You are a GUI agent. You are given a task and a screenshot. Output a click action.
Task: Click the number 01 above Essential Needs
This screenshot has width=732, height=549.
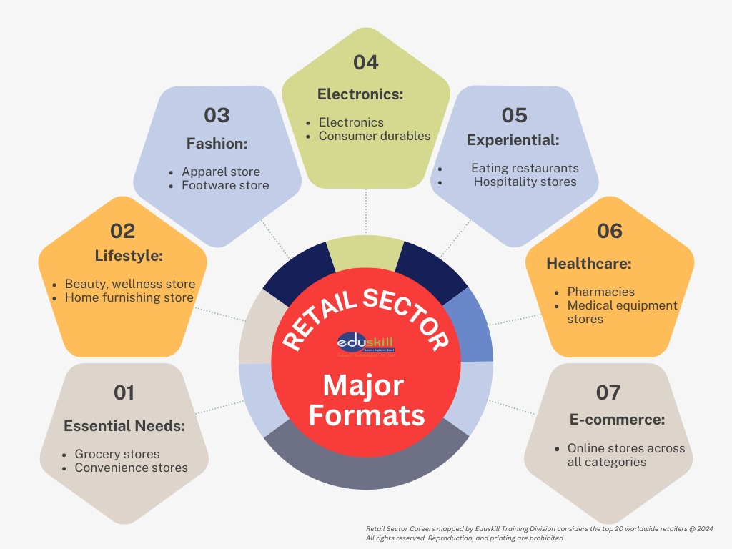tap(124, 392)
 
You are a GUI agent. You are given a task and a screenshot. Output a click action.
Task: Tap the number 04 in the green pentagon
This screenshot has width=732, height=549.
tap(365, 62)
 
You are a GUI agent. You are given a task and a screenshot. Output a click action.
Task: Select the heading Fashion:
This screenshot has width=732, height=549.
tap(217, 144)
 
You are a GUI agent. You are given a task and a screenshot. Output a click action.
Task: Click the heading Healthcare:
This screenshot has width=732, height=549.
tap(589, 264)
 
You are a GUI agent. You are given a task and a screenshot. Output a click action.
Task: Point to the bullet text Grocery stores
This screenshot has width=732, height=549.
tap(117, 454)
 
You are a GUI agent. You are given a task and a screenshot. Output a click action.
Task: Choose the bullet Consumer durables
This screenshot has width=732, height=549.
tap(375, 136)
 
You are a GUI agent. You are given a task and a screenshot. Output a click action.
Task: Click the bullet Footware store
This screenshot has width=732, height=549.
tap(225, 185)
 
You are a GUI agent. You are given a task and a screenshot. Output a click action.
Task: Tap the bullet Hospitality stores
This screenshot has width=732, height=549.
tap(525, 182)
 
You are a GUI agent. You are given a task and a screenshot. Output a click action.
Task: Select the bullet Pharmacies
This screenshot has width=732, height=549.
tap(601, 292)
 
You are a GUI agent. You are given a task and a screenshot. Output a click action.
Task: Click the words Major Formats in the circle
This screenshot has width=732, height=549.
tap(366, 400)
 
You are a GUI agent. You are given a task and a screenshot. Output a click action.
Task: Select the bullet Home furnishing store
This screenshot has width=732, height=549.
tap(129, 297)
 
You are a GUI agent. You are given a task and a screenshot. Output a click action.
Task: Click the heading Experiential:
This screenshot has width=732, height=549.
tap(513, 140)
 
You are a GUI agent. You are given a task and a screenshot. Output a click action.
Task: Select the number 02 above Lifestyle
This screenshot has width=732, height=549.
tap(122, 231)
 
